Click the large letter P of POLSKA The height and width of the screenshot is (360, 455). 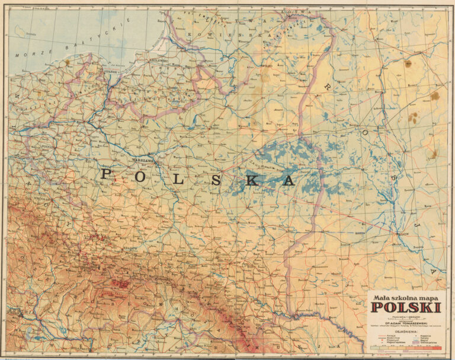106,174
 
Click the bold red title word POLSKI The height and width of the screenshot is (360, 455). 406,307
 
